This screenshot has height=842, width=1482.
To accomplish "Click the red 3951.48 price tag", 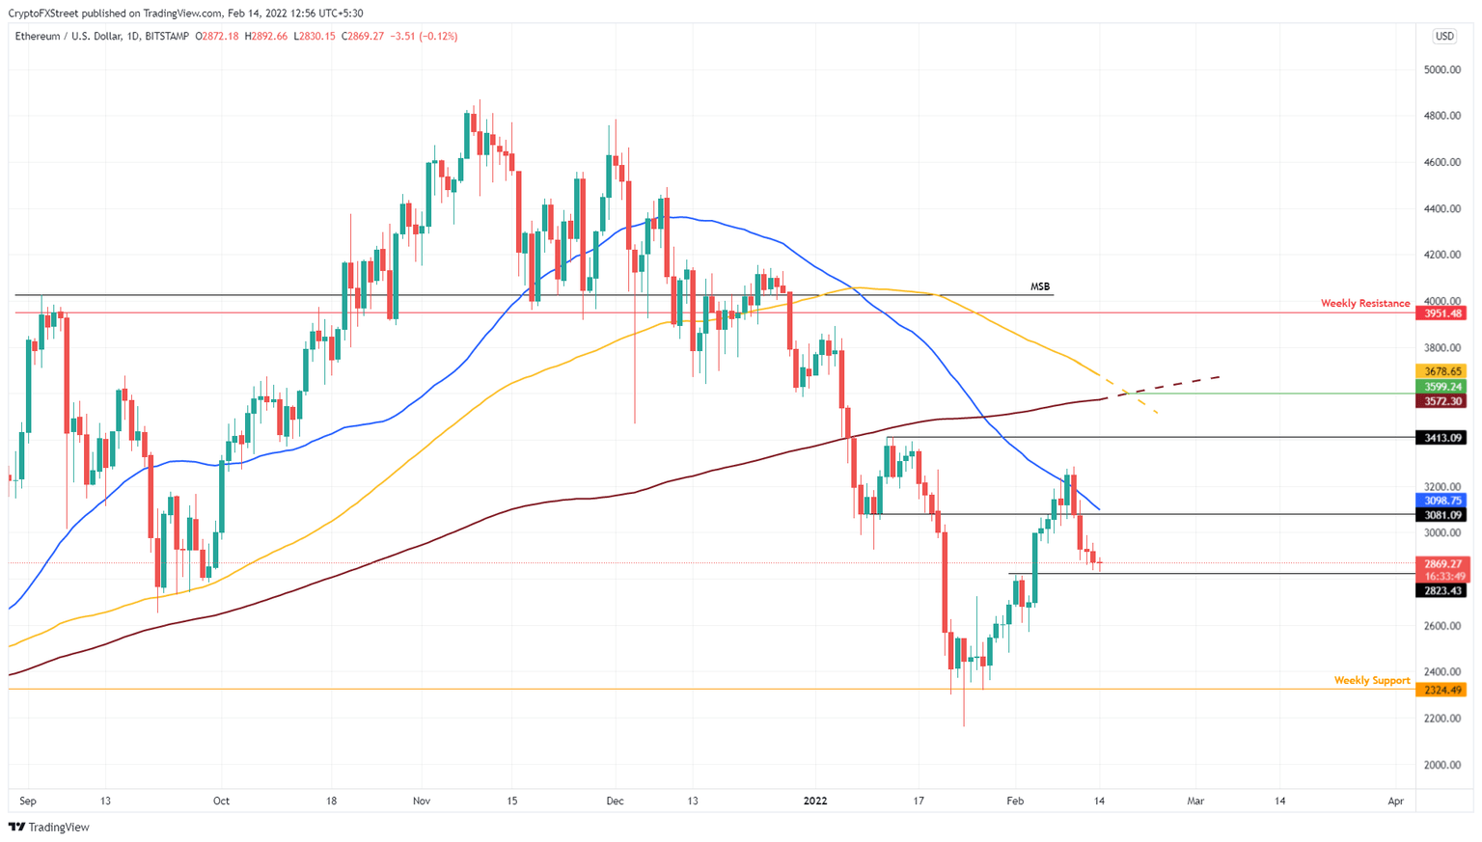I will click(x=1441, y=313).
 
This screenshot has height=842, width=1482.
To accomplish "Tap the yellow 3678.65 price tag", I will click(x=1441, y=371).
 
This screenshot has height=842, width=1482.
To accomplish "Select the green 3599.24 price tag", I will click(x=1441, y=387).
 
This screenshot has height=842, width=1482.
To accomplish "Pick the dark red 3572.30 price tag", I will click(x=1441, y=401).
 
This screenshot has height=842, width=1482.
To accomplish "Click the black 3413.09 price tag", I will click(x=1441, y=438).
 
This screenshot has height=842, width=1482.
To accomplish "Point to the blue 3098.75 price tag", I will click(x=1441, y=501).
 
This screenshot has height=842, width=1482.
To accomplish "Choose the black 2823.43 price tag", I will click(x=1441, y=590).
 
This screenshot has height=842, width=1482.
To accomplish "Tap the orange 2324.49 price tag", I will click(x=1441, y=690).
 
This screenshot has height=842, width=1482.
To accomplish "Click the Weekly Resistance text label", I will click(x=1364, y=304).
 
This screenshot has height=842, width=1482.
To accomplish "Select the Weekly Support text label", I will click(x=1371, y=681).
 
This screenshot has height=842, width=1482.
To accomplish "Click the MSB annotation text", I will click(x=1039, y=286).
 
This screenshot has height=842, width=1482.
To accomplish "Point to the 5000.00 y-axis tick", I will click(x=1442, y=70).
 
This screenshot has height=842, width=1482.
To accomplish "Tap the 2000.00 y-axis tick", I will click(x=1442, y=765).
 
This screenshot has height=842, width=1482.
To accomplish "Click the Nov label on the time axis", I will click(x=421, y=801).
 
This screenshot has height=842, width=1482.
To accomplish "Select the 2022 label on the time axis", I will click(x=815, y=801).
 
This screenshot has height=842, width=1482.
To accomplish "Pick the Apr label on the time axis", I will click(x=1395, y=801).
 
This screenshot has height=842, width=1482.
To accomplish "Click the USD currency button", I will click(x=1443, y=37).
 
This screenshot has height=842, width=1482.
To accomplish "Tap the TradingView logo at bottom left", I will click(x=49, y=827).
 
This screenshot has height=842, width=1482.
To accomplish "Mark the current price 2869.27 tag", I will click(x=1441, y=563).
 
